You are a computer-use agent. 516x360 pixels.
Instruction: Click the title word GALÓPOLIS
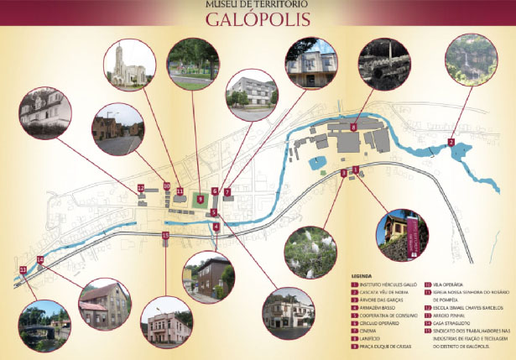tap(258, 18)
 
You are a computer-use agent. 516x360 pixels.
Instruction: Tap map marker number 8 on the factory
tap(354, 127)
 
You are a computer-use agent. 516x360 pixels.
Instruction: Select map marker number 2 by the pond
tap(451, 143)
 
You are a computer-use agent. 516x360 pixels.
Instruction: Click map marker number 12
tap(141, 188)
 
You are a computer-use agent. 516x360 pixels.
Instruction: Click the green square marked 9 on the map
tap(200, 199)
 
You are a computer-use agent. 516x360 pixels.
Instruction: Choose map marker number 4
tap(216, 226)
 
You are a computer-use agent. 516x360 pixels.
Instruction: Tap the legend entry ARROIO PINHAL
tap(453, 313)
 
